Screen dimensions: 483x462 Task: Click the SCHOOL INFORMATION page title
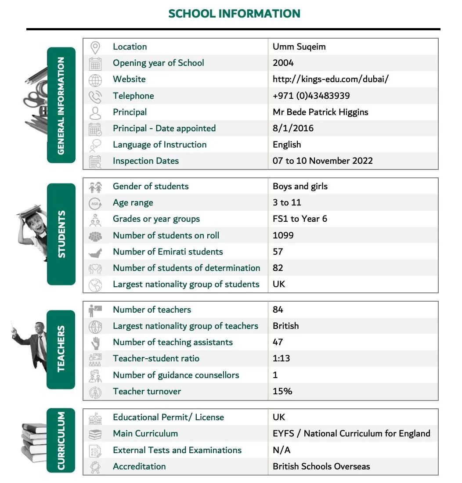(234, 13)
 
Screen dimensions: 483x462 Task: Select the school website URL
(330, 79)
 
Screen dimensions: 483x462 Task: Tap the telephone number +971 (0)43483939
(311, 96)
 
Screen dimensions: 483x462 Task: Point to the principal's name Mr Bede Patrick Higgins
(320, 112)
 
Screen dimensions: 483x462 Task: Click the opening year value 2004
(283, 63)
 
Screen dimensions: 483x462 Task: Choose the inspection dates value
(322, 161)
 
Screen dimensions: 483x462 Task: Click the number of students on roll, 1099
(283, 235)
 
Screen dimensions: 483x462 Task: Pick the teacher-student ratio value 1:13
(281, 358)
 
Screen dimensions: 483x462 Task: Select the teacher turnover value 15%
(282, 391)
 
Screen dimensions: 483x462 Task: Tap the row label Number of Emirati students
(168, 252)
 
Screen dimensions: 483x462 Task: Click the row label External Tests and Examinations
(177, 450)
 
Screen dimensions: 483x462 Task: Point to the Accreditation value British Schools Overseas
(321, 466)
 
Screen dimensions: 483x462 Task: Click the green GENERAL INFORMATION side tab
(61, 105)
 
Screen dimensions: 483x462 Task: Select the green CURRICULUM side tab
(61, 440)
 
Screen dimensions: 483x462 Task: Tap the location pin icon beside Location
(95, 47)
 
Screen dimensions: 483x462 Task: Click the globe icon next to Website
(95, 80)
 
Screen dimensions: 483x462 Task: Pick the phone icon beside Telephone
(95, 96)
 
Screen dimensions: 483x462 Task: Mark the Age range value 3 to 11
(286, 202)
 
